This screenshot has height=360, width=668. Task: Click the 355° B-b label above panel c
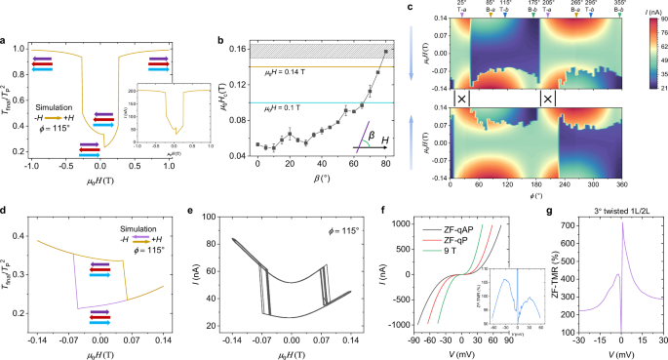(620, 7)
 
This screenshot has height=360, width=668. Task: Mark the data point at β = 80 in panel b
(386, 52)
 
